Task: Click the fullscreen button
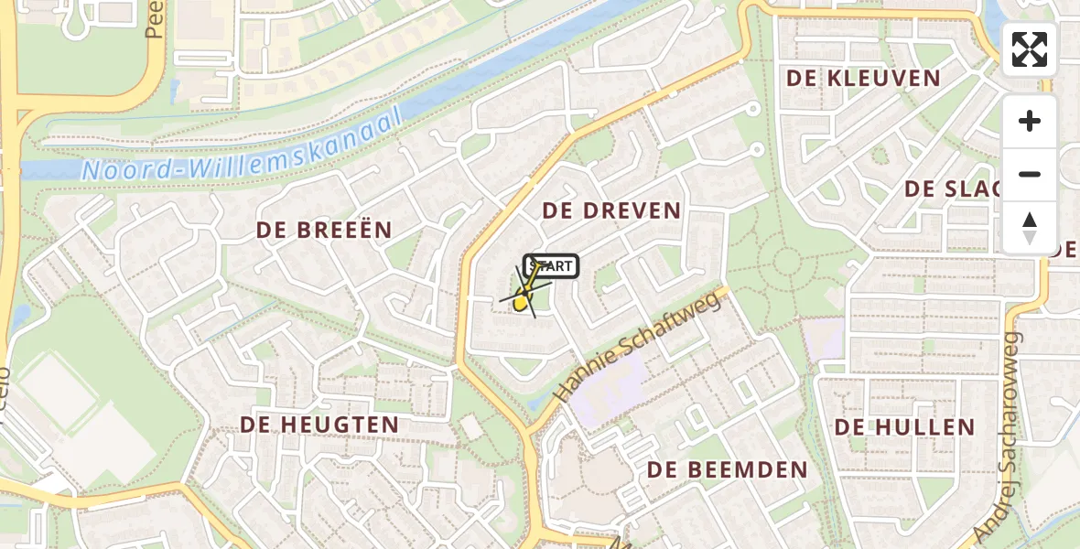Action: pos(1030,49)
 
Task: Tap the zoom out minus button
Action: pos(1030,174)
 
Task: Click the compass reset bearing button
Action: pos(1030,227)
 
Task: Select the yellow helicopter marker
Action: pos(523,298)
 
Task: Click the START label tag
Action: pos(551,266)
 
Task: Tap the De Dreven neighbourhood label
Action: pos(611,210)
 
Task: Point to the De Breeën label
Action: pos(324,230)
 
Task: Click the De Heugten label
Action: pos(319,425)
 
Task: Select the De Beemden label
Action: pos(728,470)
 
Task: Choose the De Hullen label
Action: pos(904,427)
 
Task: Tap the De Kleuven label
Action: pos(864,79)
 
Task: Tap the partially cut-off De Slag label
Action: pos(952,189)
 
